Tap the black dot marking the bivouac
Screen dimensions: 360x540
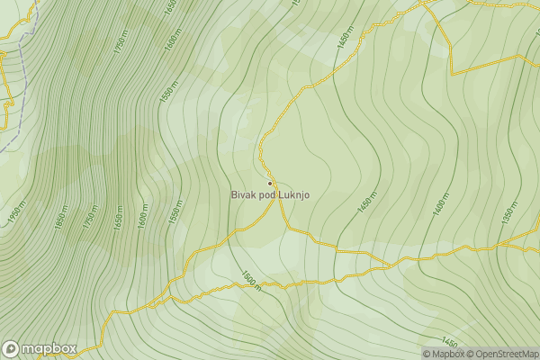tap(269, 184)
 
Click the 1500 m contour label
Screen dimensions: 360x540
tap(250, 281)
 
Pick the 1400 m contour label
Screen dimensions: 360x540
tap(440, 204)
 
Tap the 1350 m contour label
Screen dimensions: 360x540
tap(509, 212)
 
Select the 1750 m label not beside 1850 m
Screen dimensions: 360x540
tap(121, 41)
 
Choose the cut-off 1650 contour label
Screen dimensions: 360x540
tap(170, 6)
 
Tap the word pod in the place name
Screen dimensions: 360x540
tap(266, 195)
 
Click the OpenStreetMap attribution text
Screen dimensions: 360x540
tap(507, 354)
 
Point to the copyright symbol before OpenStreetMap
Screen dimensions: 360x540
tap(471, 354)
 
